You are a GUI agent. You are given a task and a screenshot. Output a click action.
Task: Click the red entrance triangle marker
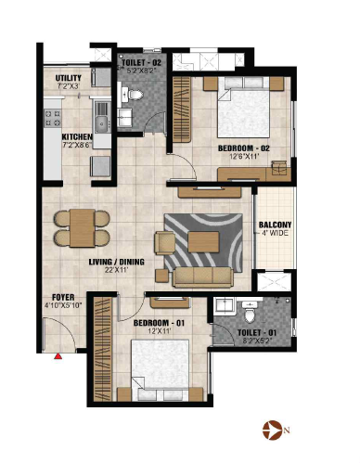58,356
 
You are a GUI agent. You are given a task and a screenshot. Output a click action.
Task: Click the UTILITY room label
69,78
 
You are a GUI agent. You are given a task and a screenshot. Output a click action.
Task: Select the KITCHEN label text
77,136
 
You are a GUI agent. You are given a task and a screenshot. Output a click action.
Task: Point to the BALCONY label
275,225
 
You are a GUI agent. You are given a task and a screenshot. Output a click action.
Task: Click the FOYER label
63,298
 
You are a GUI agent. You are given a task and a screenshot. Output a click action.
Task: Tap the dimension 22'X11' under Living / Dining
116,270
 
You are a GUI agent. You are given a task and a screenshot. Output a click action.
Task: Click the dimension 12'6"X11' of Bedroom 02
244,156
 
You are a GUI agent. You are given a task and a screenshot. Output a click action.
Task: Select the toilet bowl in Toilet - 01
250,313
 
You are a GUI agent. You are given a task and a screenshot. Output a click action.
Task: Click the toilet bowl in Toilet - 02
134,95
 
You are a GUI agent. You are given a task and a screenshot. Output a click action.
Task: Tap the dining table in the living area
82,228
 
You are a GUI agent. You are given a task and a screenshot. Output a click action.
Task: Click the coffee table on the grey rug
204,242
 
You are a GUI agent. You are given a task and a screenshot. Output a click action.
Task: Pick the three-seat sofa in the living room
203,277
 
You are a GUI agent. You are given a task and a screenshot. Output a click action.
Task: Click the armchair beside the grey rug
165,243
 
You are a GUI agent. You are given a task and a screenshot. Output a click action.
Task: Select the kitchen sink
102,119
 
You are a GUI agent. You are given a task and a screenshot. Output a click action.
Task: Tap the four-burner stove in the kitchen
53,118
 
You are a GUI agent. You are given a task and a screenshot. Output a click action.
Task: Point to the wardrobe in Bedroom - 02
181,109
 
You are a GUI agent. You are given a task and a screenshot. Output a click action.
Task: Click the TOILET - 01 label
257,333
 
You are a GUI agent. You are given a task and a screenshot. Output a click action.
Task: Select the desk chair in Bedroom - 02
279,167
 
